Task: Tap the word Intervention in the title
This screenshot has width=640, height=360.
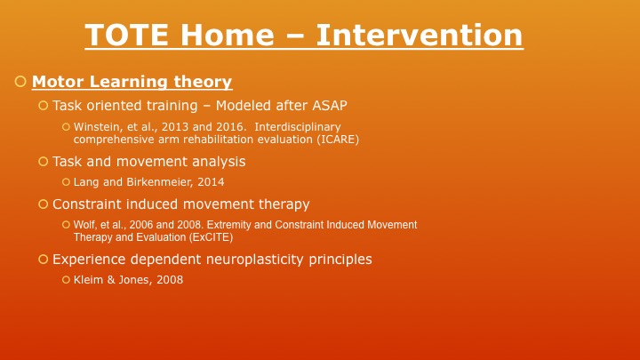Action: [x=420, y=36]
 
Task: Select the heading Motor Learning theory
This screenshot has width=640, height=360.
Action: [x=132, y=83]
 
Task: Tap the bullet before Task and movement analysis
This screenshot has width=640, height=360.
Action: [x=43, y=162]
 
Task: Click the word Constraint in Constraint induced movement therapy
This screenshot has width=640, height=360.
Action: [x=86, y=204]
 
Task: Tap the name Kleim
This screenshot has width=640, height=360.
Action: [x=89, y=280]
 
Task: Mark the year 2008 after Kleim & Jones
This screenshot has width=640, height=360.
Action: [x=169, y=280]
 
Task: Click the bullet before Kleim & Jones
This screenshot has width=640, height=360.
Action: [x=66, y=280]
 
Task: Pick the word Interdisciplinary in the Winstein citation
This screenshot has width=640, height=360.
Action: [x=297, y=127]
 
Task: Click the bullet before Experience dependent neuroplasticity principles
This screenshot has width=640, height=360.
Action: [x=43, y=260]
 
